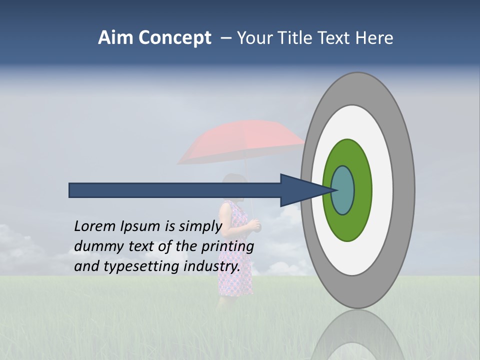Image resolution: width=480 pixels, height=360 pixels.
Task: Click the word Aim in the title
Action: (x=116, y=38)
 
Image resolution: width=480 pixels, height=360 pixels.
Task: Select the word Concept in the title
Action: (x=174, y=38)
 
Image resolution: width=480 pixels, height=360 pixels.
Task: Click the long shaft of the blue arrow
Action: (x=175, y=190)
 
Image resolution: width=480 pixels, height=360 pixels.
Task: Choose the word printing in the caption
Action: (x=227, y=246)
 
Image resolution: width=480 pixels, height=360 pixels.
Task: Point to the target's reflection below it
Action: (x=357, y=335)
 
